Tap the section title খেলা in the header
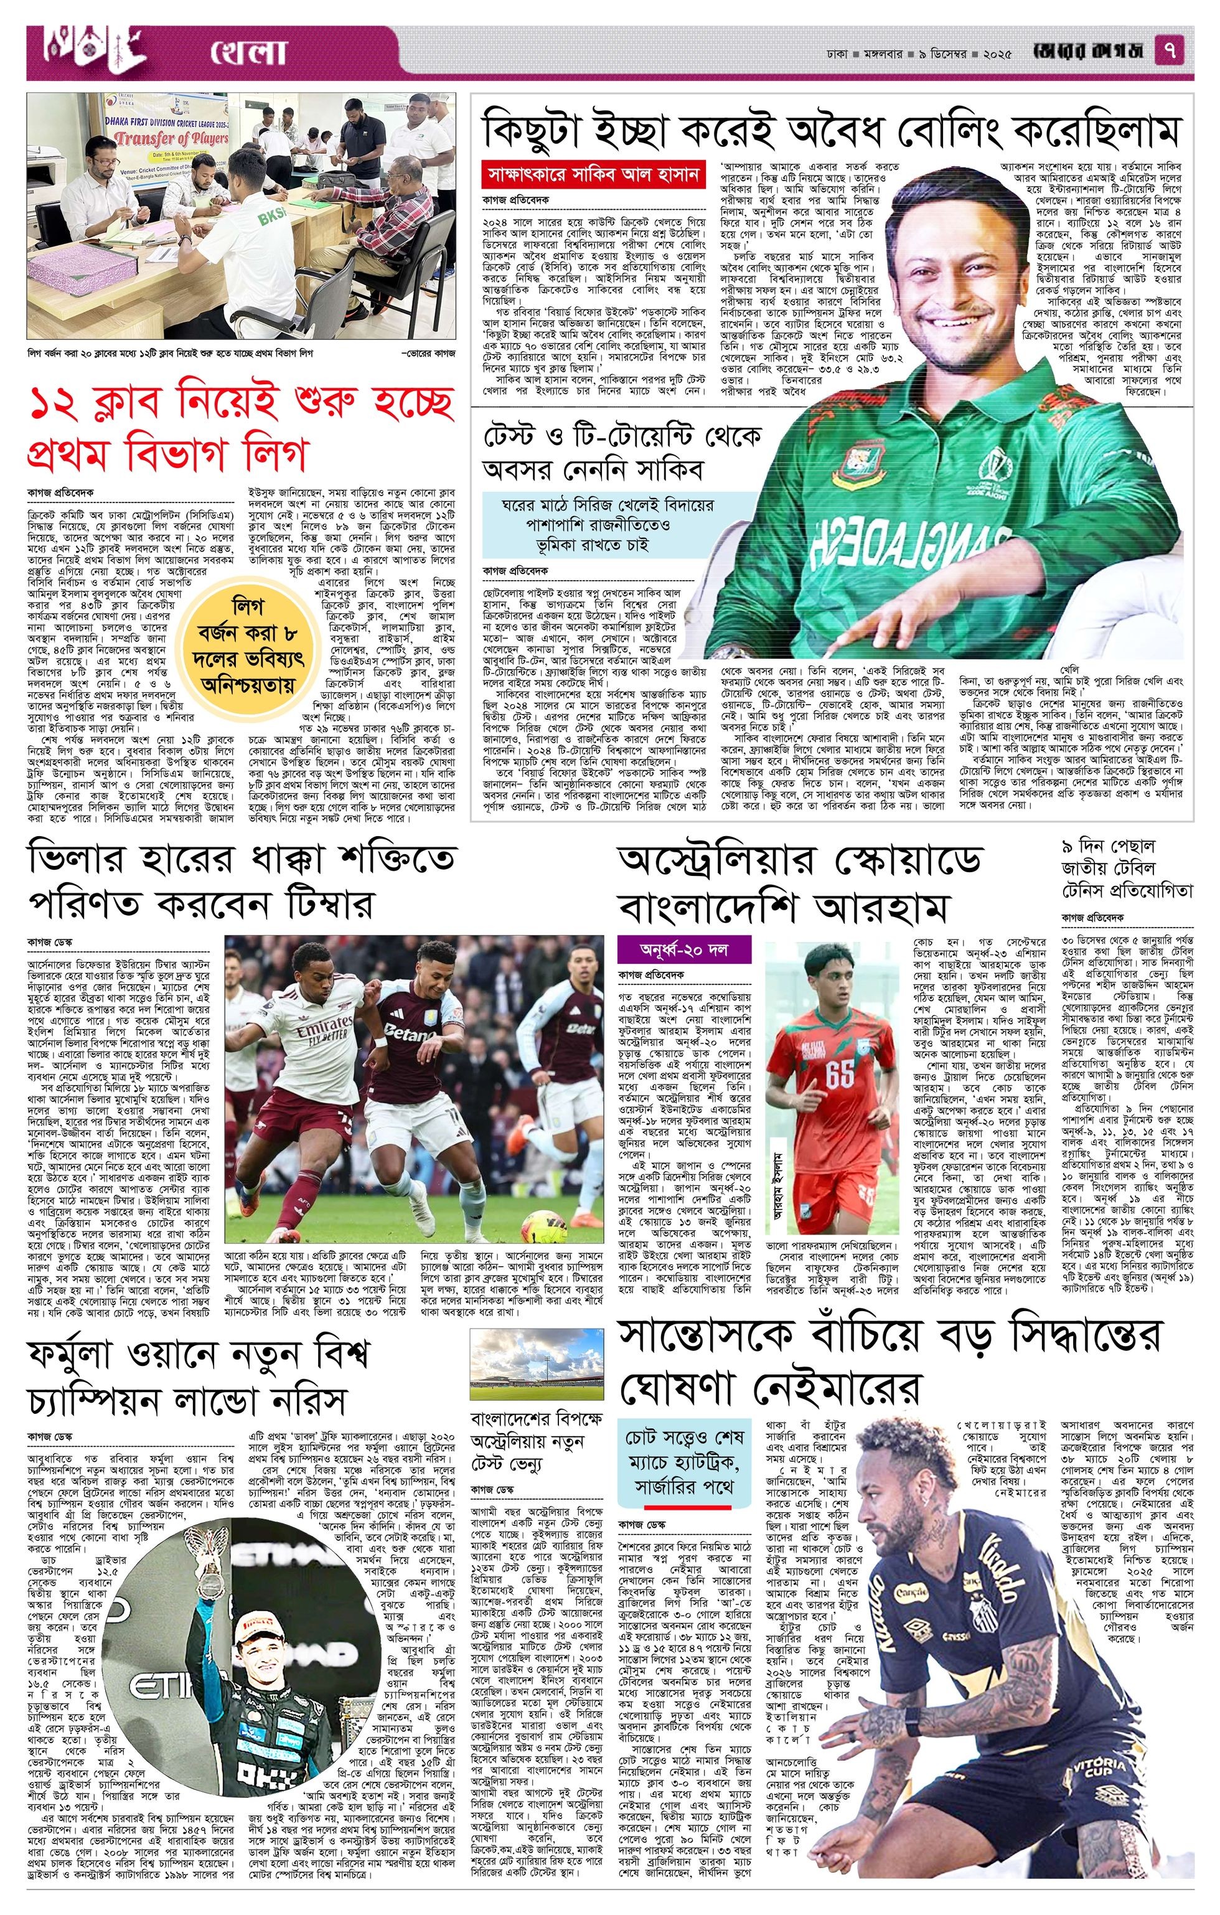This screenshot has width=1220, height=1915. tap(247, 52)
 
